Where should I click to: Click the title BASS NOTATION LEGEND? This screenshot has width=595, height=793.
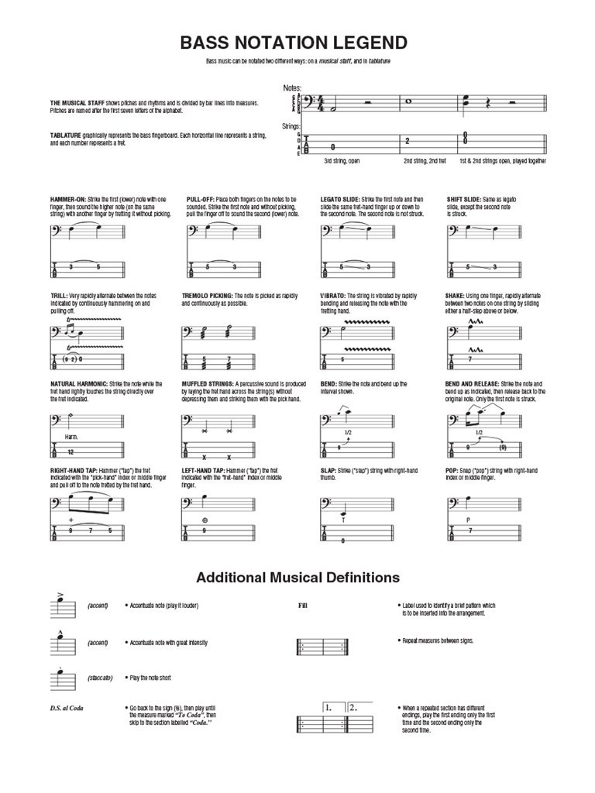[294, 42]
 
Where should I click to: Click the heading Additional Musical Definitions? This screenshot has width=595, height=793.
[297, 578]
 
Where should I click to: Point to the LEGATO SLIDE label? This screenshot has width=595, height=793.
[339, 200]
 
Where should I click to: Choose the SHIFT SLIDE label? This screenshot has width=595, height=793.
[463, 200]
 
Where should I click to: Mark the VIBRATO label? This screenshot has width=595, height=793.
[332, 297]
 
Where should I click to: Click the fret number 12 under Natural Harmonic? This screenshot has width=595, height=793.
[71, 451]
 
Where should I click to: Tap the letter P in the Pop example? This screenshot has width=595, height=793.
[469, 519]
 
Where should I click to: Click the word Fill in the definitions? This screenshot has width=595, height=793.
[303, 606]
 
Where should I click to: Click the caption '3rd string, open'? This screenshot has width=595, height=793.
[342, 161]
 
